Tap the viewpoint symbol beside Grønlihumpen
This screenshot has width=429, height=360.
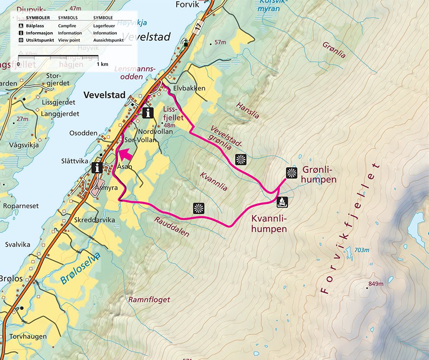[x=292, y=173]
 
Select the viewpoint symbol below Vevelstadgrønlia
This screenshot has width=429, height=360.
[x=241, y=160]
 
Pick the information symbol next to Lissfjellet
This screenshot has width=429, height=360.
[x=148, y=113]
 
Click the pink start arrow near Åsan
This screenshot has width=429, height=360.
[x=125, y=154]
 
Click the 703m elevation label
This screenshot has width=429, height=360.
[x=361, y=250]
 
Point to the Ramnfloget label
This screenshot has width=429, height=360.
[x=149, y=299]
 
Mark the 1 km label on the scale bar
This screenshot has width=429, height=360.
[x=102, y=64]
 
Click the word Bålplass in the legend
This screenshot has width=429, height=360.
[x=35, y=25]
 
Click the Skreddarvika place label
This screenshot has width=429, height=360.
[x=95, y=220]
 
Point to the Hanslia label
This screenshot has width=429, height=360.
[x=247, y=110]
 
